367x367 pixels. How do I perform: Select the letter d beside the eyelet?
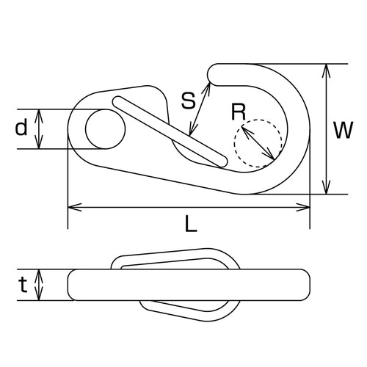coord(21,129)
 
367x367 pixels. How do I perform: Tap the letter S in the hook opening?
coord(188,101)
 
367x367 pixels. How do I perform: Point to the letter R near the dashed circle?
coord(237,112)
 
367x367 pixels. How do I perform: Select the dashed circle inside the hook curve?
coord(258,142)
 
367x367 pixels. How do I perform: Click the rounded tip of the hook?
coord(215,71)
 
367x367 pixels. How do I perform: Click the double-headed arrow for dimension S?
coord(200,109)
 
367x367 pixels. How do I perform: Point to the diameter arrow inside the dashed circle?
coord(258,144)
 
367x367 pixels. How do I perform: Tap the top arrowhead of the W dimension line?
coord(325,68)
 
